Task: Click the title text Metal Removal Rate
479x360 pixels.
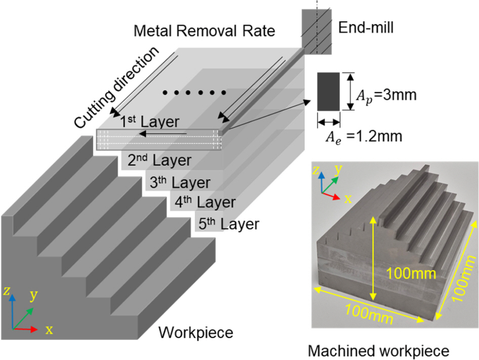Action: (x=204, y=31)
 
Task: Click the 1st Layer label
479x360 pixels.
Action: (x=147, y=122)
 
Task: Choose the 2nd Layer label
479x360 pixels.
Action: (x=159, y=161)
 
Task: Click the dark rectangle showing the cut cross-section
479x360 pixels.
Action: (x=329, y=92)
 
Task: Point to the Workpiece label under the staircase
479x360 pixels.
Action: (x=195, y=333)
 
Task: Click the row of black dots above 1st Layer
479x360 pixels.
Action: (x=194, y=93)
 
